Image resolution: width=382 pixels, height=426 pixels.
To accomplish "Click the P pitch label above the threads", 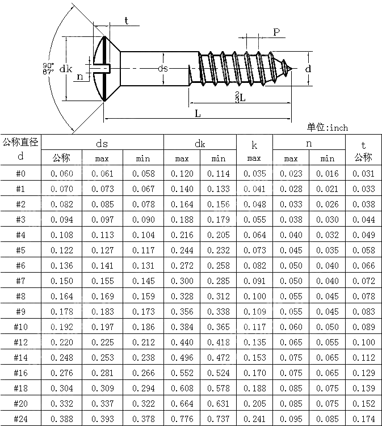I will (x=276, y=32).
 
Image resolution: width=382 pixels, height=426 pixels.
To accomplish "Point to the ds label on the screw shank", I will (x=163, y=69).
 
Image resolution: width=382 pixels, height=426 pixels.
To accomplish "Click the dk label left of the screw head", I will (x=66, y=69).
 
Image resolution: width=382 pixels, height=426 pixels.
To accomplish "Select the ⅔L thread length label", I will (x=240, y=97).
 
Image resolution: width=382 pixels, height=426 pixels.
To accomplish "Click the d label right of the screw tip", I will (x=308, y=68).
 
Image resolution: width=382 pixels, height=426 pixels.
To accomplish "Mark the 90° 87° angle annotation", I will (x=48, y=68).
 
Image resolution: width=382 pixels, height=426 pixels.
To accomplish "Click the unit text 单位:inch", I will (x=328, y=128).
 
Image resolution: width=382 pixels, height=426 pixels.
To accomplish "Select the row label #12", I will (x=21, y=343).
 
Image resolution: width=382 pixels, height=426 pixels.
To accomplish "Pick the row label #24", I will (x=21, y=419).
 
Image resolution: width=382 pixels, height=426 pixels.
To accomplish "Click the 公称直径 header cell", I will (x=21, y=142).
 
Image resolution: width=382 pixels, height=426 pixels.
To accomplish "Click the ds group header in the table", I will (x=102, y=143).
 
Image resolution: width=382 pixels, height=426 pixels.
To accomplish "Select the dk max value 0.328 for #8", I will (x=182, y=296).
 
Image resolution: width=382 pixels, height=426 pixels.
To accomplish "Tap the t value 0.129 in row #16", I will (x=363, y=373).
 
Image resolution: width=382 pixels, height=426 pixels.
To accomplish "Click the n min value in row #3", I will (x=327, y=220).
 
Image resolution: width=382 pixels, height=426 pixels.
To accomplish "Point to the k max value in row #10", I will (x=254, y=327).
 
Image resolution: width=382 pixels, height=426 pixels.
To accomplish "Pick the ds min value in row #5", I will (x=145, y=250).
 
